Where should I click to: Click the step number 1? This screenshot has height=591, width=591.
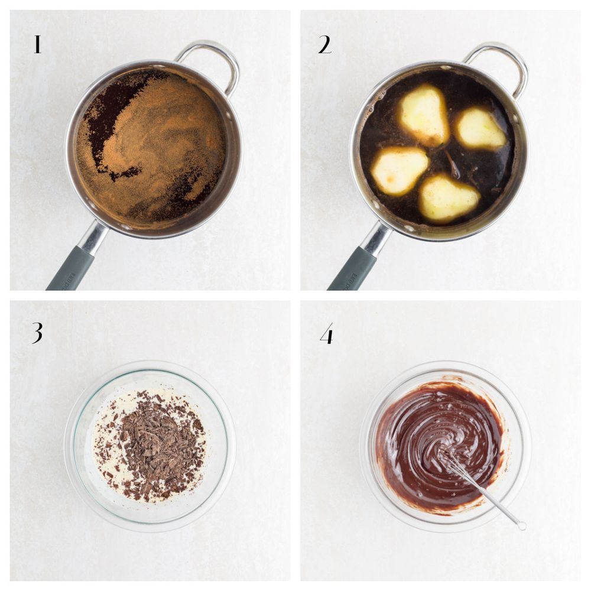(x=37, y=44)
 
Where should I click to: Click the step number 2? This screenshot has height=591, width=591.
(x=325, y=44)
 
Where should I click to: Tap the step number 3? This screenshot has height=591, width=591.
(x=37, y=332)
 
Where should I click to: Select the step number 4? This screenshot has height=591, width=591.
(x=327, y=333)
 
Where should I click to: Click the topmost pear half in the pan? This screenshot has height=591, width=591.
(x=424, y=114)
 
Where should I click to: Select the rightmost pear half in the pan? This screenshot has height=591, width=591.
(x=480, y=128)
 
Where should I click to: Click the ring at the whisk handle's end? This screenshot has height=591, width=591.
(x=522, y=525)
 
